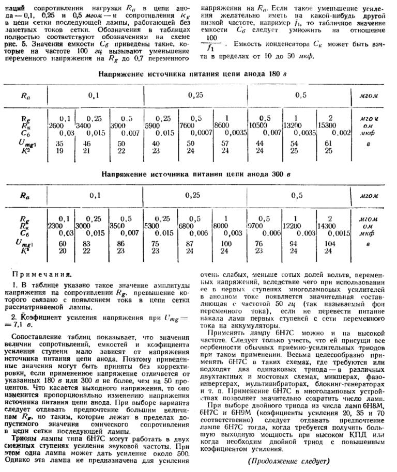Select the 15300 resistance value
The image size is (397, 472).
pos(330,125)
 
